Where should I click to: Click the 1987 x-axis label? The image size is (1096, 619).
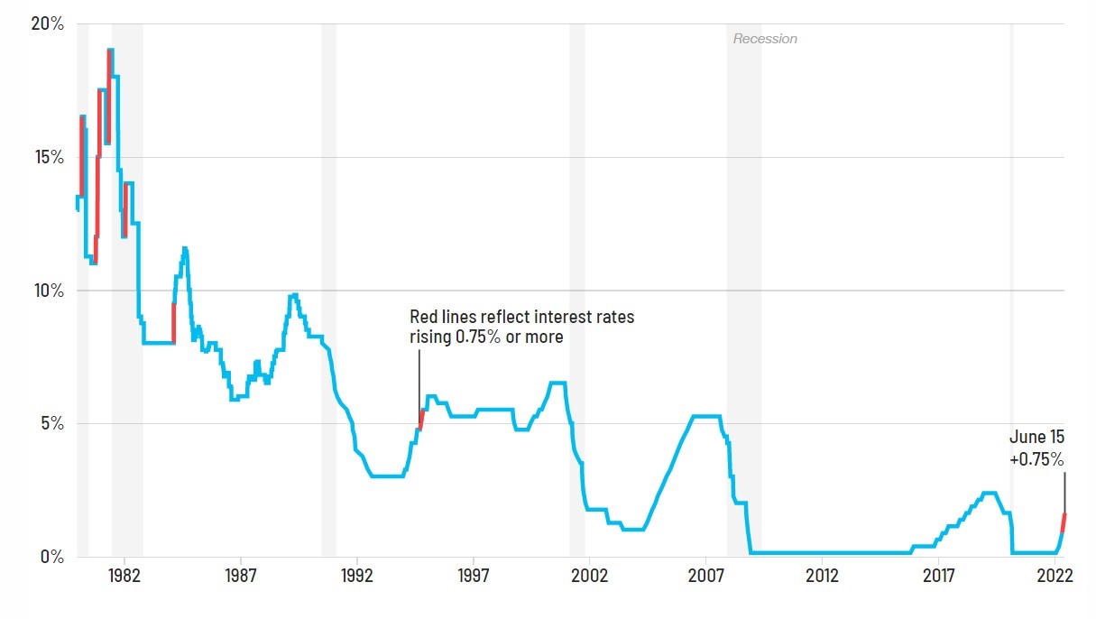pyautogui.click(x=240, y=576)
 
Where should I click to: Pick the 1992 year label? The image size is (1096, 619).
pyautogui.click(x=356, y=576)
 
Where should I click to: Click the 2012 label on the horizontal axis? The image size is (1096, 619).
pyautogui.click(x=822, y=576)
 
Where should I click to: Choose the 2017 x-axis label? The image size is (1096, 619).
pyautogui.click(x=939, y=576)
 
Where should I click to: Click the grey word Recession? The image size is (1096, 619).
pyautogui.click(x=765, y=39)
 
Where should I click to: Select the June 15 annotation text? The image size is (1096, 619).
pyautogui.click(x=1036, y=438)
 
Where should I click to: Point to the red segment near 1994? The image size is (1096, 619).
pyautogui.click(x=421, y=419)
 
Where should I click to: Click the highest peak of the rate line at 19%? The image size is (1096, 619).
pyautogui.click(x=110, y=51)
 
